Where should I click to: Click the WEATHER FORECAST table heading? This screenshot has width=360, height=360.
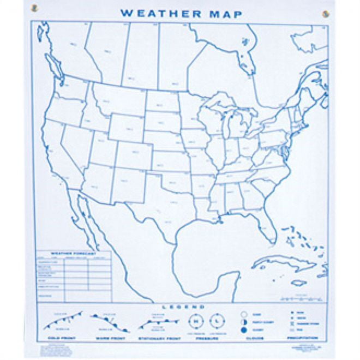[x=73, y=253]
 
